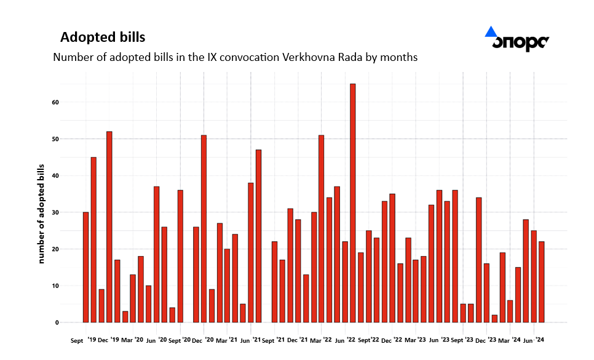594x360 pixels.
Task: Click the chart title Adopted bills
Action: (x=103, y=38)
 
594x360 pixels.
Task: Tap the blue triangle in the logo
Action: (x=491, y=32)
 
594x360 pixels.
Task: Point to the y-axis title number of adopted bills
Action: (x=42, y=214)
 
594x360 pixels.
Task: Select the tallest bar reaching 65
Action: (x=353, y=203)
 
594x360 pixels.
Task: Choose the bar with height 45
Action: (x=93, y=239)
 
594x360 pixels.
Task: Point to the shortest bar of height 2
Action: (x=494, y=318)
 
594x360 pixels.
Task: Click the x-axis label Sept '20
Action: (x=180, y=340)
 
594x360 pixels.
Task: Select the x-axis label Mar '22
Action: (x=321, y=340)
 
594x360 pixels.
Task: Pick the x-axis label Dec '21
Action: (x=298, y=340)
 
